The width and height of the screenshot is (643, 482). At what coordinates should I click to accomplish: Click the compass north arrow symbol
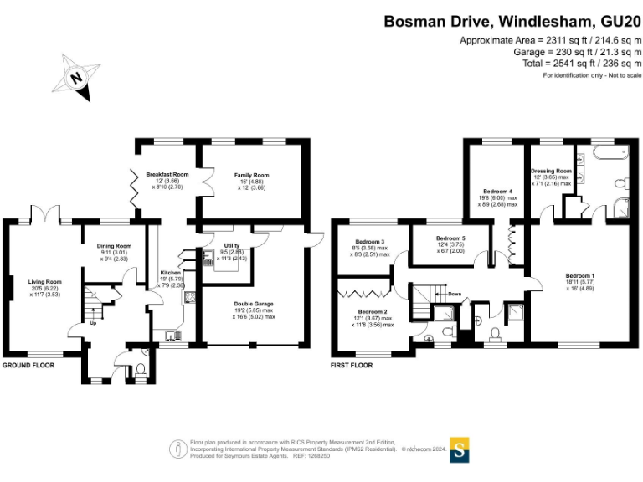pos(76,77)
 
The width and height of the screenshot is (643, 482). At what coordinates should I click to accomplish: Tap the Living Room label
pos(45,282)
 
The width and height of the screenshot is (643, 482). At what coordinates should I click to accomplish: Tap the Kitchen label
pos(171,273)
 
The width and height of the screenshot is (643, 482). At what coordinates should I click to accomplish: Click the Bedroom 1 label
pos(579,276)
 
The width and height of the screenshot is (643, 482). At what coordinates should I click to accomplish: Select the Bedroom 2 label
pos(374,311)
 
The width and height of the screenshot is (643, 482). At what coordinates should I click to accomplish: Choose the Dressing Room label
pos(551,171)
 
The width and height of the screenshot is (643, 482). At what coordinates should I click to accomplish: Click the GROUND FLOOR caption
pos(28,366)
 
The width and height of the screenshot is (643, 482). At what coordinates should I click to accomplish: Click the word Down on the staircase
pos(454,295)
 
